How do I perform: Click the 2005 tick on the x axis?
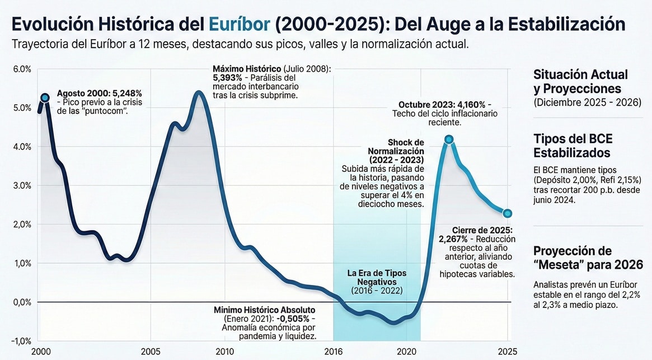(x=151, y=351)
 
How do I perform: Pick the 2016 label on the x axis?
(x=334, y=351)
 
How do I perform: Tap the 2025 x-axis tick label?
(x=506, y=351)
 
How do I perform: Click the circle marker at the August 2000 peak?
(x=45, y=98)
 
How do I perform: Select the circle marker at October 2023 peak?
(x=449, y=139)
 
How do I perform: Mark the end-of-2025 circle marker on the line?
(x=507, y=213)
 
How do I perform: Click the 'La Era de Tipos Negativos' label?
(x=377, y=277)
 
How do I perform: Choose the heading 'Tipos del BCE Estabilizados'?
(x=571, y=146)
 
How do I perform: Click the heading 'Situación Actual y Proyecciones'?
(x=580, y=82)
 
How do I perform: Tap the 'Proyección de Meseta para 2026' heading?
(x=580, y=258)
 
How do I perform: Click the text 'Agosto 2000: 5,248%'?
(x=100, y=93)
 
